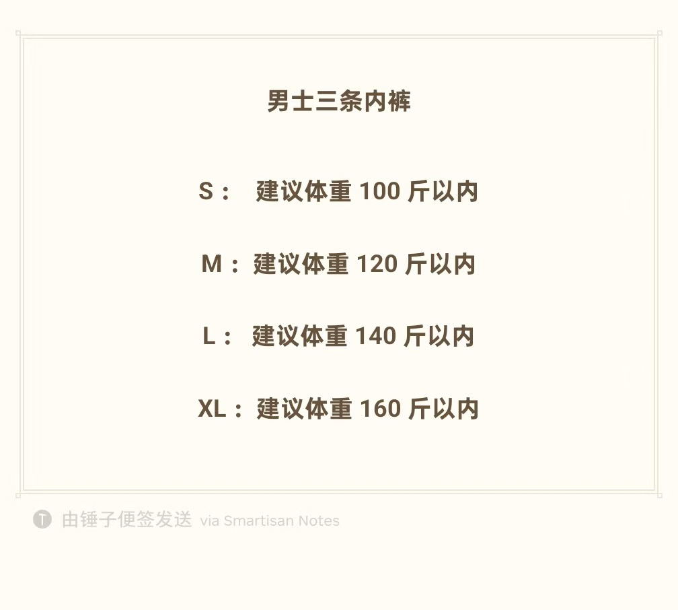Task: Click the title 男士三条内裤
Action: coord(339,102)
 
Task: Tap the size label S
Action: coord(206,192)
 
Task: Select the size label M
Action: coord(211,264)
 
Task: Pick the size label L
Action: coord(209,336)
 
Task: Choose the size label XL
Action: coord(212,409)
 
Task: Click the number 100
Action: coord(380,192)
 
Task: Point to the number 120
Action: coord(377,264)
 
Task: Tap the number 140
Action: coord(376,336)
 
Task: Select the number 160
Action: coord(381,409)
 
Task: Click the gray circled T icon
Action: coord(42,519)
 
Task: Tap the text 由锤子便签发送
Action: coord(127,520)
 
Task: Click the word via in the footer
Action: coord(210,521)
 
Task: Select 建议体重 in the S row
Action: coord(304,192)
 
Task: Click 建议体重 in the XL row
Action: coord(304,409)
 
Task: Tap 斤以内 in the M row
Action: coord(441,264)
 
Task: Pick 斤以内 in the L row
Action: coord(439,336)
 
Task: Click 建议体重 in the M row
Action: coord(301,264)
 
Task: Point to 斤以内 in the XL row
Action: coord(444,409)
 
